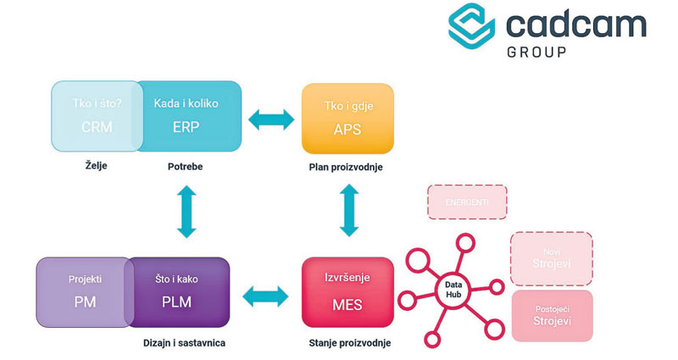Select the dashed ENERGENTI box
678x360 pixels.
[x=466, y=202]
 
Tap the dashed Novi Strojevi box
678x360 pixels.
[x=551, y=258]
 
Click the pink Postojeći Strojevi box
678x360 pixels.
[x=551, y=315]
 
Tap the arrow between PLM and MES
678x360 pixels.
[x=265, y=296]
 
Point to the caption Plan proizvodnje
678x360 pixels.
[x=346, y=167]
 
